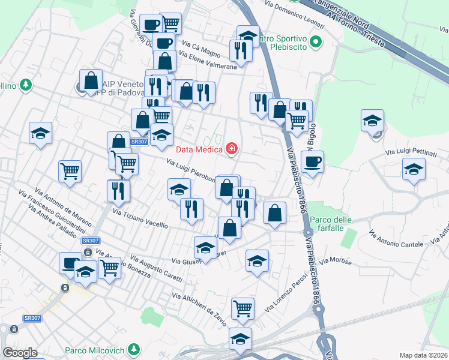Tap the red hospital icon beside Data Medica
tap(232, 149)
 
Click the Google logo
tap(20, 352)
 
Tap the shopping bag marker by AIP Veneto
tap(91, 81)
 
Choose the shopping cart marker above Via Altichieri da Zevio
tap(243, 308)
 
